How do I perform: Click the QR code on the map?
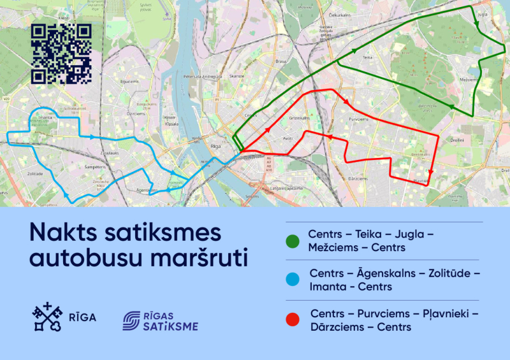point(61,54)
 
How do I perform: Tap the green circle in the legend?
point(293,241)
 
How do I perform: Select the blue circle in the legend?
point(293,280)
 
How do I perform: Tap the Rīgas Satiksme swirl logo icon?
point(133,320)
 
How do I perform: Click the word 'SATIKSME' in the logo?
point(170,327)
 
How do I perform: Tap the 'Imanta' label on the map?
point(45,118)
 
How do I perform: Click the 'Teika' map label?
point(367,57)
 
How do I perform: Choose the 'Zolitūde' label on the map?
point(34,173)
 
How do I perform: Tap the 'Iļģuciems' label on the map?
point(129,82)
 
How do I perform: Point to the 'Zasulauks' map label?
point(110,153)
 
